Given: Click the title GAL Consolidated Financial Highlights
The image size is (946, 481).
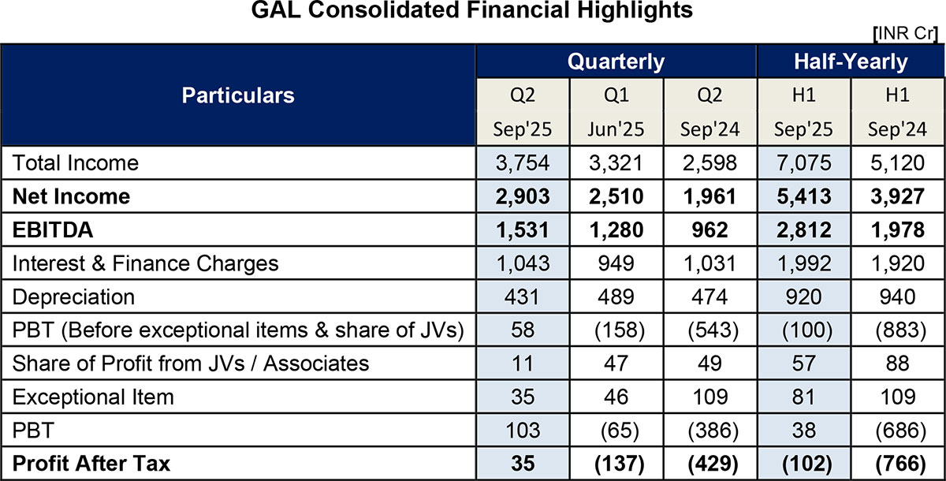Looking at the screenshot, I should point(472,11).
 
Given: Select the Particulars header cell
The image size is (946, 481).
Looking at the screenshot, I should point(238,95).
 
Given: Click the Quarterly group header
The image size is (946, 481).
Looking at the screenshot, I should point(616,62).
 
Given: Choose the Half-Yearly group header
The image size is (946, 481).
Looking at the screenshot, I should point(851,62).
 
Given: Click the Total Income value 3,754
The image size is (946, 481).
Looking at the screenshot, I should point(523,162).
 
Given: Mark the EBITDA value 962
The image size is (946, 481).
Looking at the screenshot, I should point(711,229).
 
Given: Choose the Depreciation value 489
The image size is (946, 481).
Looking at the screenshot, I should point(616,296).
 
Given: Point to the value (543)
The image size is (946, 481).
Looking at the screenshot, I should point(711,330).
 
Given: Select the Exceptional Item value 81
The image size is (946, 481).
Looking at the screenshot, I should point(804,397).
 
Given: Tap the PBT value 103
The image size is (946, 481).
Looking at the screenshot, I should point(523,430).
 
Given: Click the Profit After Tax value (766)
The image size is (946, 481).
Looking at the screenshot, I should point(898,464).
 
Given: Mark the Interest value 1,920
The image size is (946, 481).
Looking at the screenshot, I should point(898,263).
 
